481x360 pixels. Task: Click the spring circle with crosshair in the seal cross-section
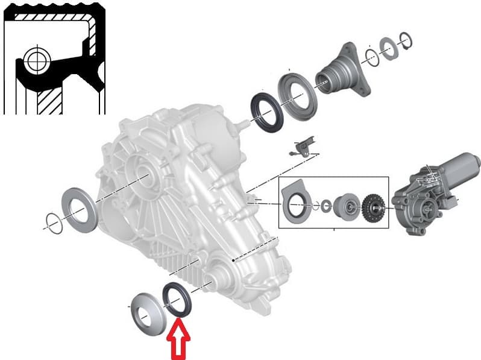[x=35, y=60]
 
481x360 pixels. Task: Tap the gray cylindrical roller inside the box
[x=345, y=207]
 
